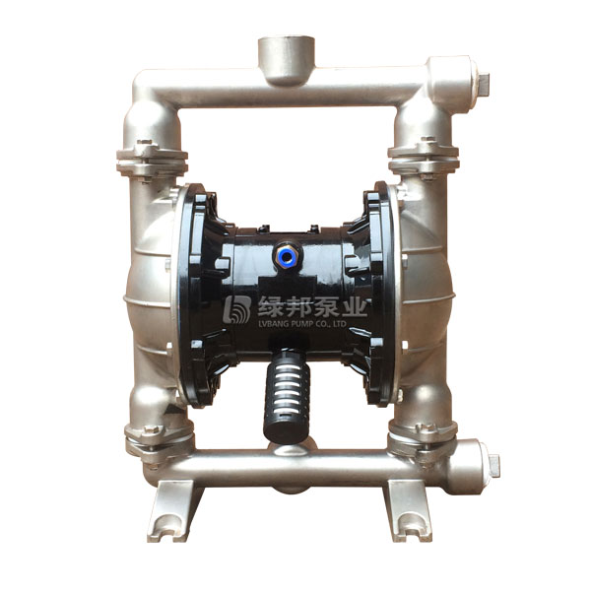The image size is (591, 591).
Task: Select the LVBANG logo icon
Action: click(x=236, y=309)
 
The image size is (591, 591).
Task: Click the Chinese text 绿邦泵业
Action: click(x=311, y=305)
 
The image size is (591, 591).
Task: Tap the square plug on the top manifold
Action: click(x=484, y=84)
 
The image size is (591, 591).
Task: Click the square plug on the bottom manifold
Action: click(x=493, y=465)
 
